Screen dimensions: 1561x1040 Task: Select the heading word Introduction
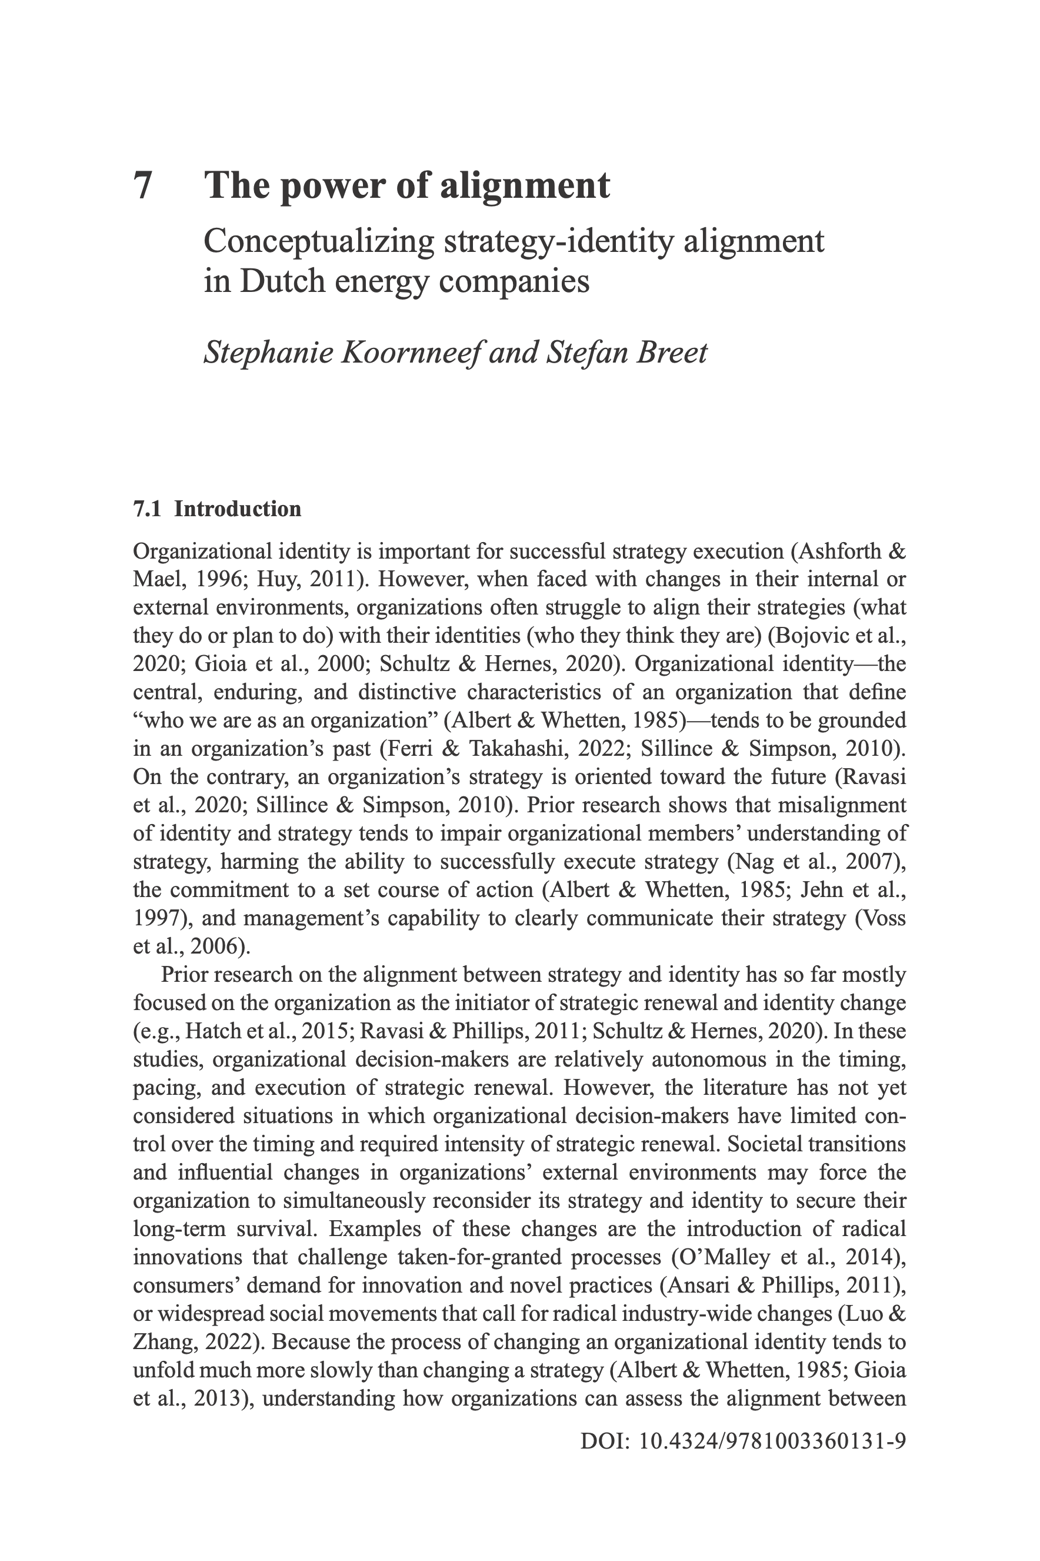tap(238, 509)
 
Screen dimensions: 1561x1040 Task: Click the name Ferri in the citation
tap(406, 749)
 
